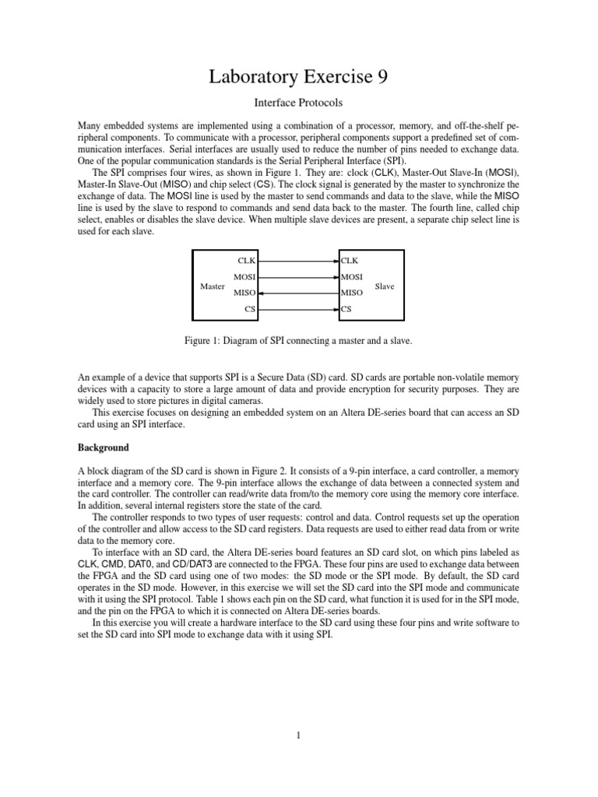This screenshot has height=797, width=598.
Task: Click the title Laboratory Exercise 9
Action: click(299, 76)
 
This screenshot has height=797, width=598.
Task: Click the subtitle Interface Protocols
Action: click(299, 102)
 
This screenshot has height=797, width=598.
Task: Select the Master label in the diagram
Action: click(212, 286)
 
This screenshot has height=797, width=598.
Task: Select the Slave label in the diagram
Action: click(385, 286)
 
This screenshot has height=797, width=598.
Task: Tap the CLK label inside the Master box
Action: click(246, 261)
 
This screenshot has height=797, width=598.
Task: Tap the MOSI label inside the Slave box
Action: click(352, 277)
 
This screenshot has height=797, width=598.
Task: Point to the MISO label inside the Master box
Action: click(245, 293)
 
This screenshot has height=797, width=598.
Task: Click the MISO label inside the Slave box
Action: click(352, 293)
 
